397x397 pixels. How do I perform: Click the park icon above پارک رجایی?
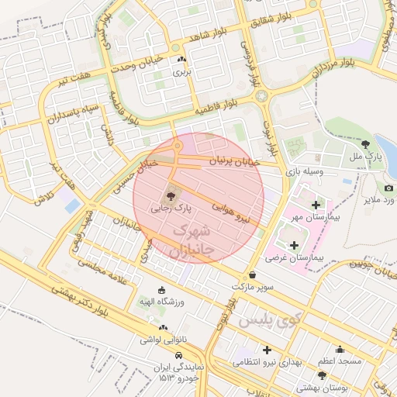171,195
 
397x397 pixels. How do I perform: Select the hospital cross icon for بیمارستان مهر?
316,205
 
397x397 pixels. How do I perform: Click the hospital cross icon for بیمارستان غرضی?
294,245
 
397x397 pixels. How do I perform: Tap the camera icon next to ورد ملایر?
388,188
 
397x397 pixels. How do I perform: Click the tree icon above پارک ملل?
364,143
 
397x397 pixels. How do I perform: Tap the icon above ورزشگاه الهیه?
161,290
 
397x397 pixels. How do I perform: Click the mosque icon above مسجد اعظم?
339,350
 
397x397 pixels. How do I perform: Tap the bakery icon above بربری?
181,60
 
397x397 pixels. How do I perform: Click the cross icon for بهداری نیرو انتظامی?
268,350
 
